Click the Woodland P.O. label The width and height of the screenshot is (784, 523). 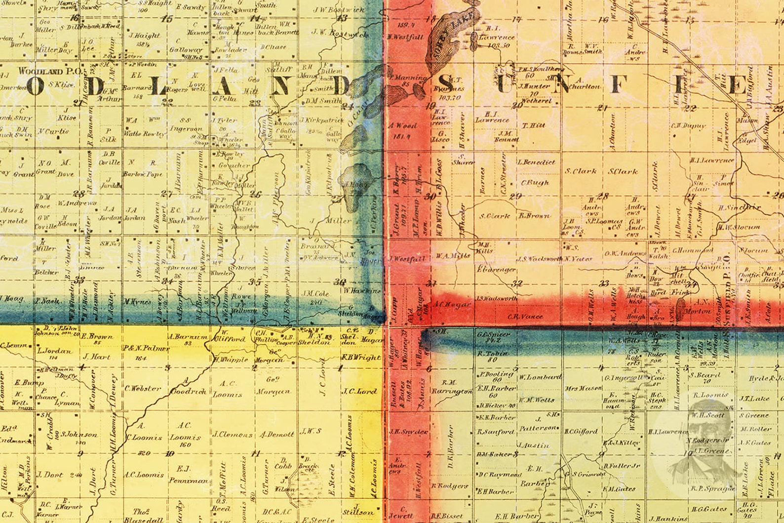point(52,71)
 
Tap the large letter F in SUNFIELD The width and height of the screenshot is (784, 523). point(619,85)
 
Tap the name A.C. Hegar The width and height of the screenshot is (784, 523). point(451,305)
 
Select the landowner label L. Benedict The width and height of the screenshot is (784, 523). point(537,162)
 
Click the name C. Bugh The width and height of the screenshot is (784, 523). point(535,183)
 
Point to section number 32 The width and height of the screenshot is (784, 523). point(517,283)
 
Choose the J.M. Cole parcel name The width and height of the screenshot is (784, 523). point(315,293)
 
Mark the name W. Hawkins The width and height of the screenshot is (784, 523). point(363,290)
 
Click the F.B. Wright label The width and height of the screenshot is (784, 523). point(361,357)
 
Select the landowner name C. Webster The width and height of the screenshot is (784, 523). point(143,388)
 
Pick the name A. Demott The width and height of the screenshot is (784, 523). point(277,435)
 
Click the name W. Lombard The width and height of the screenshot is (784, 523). point(540,377)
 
